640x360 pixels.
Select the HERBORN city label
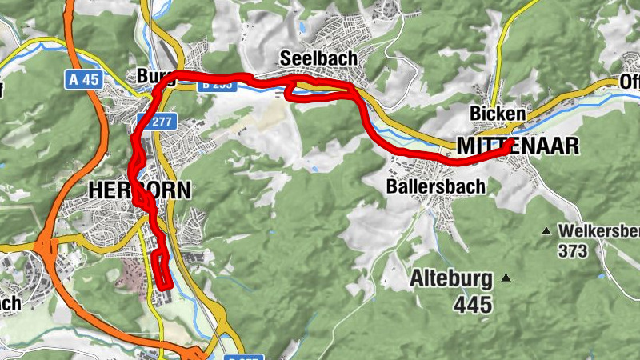(x=140, y=190)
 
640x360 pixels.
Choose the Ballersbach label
(x=424, y=186)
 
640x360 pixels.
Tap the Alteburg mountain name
(x=450, y=278)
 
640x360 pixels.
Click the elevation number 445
(x=472, y=304)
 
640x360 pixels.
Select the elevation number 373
(x=574, y=251)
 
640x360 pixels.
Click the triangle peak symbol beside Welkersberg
(x=546, y=232)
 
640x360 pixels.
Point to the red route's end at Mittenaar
(x=507, y=143)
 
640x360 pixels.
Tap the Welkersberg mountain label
(x=598, y=231)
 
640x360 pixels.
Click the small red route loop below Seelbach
(x=294, y=93)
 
